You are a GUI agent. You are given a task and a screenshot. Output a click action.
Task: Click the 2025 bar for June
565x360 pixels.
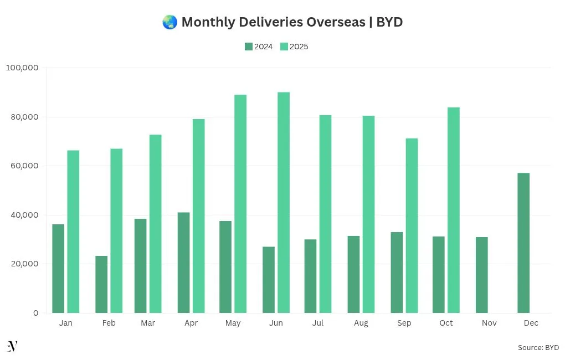[x=284, y=202]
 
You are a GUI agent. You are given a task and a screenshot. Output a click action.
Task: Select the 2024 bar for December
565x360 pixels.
[x=523, y=243]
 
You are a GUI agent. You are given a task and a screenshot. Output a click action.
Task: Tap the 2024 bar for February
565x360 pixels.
[x=101, y=284]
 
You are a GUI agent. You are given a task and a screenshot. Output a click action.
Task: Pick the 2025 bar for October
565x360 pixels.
[x=454, y=210]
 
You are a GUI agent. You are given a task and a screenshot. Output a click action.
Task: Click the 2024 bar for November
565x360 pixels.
[x=481, y=275]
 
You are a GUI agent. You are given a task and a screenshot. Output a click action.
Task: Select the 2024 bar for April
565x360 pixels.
[x=183, y=263]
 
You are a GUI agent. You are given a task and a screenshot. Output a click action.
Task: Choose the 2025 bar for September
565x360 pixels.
[x=412, y=225]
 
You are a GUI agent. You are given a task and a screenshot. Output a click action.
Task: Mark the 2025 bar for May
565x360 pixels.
[x=240, y=203]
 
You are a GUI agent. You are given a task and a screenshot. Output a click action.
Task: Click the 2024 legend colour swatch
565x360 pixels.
[x=248, y=47]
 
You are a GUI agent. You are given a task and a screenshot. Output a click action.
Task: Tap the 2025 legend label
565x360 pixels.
[x=299, y=47]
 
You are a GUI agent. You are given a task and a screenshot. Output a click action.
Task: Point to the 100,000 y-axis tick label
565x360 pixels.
[x=22, y=68]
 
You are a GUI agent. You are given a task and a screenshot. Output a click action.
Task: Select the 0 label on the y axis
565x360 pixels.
[x=35, y=313]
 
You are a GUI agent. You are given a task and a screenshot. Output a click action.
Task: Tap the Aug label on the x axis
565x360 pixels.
[x=361, y=323]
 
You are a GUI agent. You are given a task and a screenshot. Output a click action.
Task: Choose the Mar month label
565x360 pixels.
[x=148, y=323]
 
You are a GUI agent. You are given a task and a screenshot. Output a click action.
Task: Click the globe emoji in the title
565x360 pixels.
[x=169, y=22]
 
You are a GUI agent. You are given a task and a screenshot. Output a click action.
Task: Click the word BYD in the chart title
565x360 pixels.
[x=389, y=22]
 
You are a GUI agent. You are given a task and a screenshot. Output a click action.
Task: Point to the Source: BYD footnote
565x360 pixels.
[x=538, y=347]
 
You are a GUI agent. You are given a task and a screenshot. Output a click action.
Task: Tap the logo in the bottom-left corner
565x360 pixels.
[x=12, y=346]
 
